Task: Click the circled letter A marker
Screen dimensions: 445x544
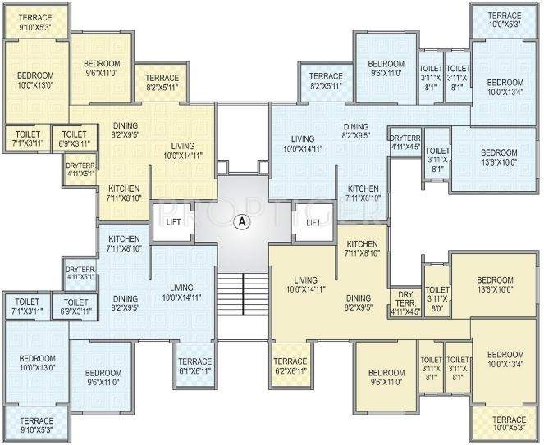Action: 241,220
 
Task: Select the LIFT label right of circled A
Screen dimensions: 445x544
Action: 312,221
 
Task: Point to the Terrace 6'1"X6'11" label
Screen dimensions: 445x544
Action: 194,366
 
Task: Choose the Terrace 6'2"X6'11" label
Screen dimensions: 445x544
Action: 290,366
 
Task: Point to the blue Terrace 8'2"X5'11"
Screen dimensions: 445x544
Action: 327,80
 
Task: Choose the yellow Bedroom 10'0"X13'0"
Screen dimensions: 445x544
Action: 35,79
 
